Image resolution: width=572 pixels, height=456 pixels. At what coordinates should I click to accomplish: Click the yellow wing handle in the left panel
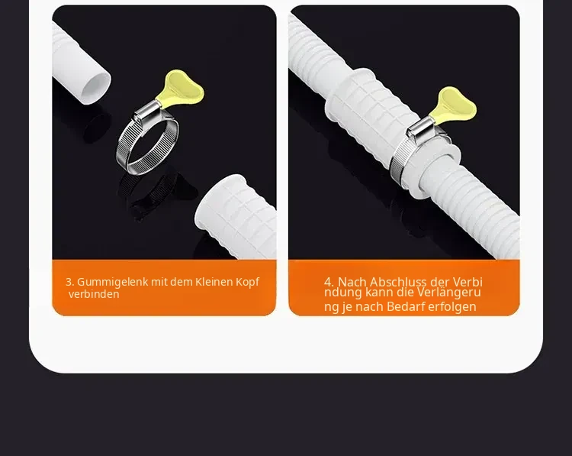[x=182, y=87]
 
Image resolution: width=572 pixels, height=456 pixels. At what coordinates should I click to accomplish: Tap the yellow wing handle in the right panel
[x=455, y=104]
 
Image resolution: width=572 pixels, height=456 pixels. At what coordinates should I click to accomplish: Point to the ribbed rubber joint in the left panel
[x=236, y=215]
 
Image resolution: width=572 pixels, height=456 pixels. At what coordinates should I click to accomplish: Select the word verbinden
[x=94, y=294]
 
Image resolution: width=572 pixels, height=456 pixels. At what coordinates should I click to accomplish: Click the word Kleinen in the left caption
[x=214, y=282]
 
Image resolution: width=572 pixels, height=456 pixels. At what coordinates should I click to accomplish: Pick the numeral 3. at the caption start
[x=70, y=282]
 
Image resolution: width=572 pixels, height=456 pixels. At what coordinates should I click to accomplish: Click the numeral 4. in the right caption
[x=329, y=282]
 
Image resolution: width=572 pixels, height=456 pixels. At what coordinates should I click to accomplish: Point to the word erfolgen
[x=452, y=307]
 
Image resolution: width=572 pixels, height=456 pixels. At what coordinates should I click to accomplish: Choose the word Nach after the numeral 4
[x=352, y=282]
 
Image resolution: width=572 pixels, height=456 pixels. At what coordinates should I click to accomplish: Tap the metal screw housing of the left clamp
[x=146, y=111]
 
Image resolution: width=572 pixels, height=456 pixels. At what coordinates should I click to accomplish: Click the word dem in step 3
[x=178, y=282]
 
